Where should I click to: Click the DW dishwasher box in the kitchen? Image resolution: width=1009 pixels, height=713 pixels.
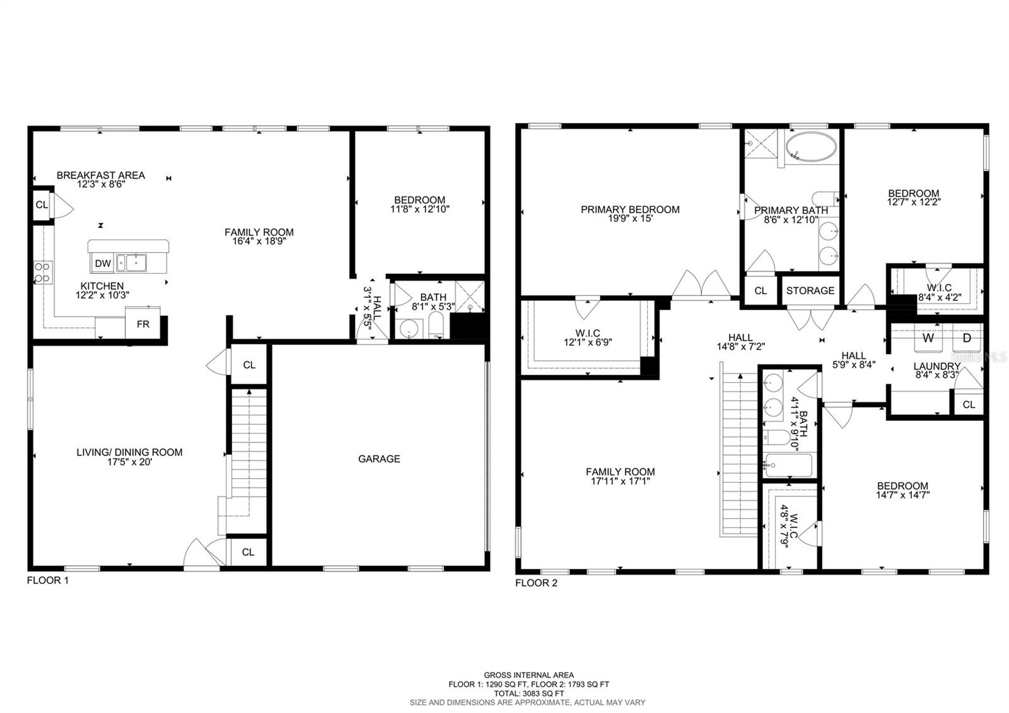point(103,263)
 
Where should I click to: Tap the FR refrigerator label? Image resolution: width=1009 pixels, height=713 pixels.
point(143,324)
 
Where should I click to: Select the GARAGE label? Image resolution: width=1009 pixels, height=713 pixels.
point(379,459)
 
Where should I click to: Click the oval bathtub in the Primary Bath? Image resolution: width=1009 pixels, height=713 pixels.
point(812,148)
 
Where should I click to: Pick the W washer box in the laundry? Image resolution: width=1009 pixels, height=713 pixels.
point(928,338)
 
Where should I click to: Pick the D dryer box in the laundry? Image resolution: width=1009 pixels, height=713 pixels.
point(967,338)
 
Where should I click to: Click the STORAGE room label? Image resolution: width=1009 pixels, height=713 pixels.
point(810,290)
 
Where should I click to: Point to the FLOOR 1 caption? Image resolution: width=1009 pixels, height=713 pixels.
point(47,580)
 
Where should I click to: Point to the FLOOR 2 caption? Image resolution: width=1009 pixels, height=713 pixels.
point(536,583)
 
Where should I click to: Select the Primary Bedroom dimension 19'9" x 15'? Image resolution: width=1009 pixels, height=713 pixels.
point(630,219)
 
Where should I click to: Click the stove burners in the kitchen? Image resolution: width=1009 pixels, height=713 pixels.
point(42,272)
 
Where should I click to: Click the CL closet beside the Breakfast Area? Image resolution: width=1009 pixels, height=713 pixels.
point(42,204)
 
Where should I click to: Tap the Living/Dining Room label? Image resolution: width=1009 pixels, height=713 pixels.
point(129,452)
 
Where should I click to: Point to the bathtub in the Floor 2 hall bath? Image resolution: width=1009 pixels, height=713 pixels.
point(788,466)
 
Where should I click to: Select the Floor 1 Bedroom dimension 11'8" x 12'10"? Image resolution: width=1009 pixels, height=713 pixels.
point(419,209)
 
